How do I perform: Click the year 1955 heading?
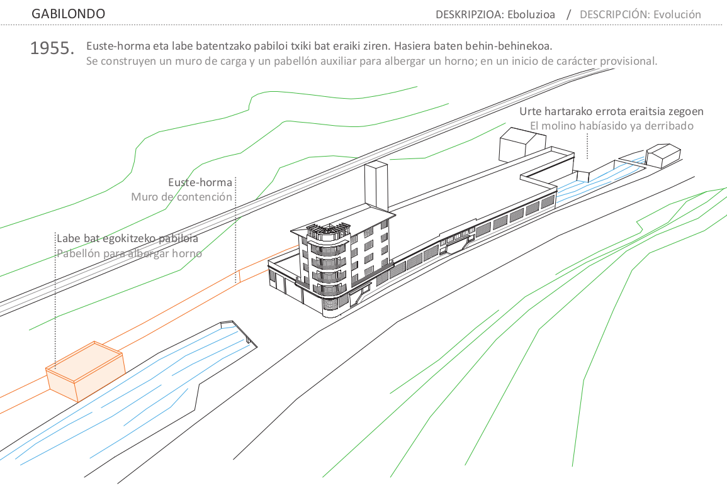pyautogui.click(x=52, y=48)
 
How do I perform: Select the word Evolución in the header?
pyautogui.click(x=677, y=14)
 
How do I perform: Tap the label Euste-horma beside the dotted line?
pyautogui.click(x=200, y=183)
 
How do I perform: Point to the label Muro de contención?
pyautogui.click(x=181, y=197)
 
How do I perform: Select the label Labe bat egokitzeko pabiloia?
pyautogui.click(x=127, y=239)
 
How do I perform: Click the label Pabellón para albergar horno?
pyautogui.click(x=129, y=253)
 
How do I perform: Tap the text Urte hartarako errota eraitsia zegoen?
pyautogui.click(x=611, y=111)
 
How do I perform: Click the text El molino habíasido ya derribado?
pyautogui.click(x=611, y=126)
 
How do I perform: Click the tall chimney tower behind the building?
pyautogui.click(x=376, y=185)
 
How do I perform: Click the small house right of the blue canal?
pyautogui.click(x=663, y=154)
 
